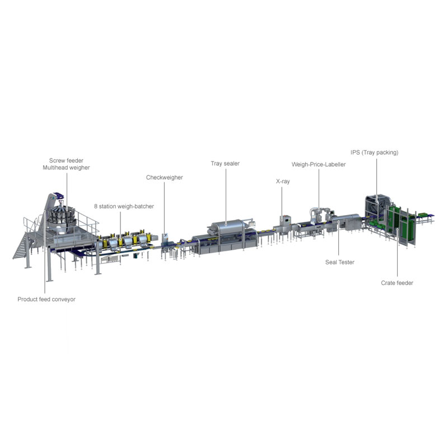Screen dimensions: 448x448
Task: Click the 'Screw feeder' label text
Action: (66, 161)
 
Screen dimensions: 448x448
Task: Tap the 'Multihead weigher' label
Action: (66, 167)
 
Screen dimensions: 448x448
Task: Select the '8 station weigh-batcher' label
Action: (124, 206)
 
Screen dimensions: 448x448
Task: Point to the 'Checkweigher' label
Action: (164, 178)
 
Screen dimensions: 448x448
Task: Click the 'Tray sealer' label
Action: (225, 164)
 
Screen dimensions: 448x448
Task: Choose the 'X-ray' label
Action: (283, 181)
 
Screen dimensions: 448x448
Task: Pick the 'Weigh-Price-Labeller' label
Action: (319, 165)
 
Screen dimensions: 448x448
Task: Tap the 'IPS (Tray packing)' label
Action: (374, 152)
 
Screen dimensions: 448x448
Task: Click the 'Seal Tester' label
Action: (340, 262)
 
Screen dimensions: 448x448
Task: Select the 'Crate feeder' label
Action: (397, 283)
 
